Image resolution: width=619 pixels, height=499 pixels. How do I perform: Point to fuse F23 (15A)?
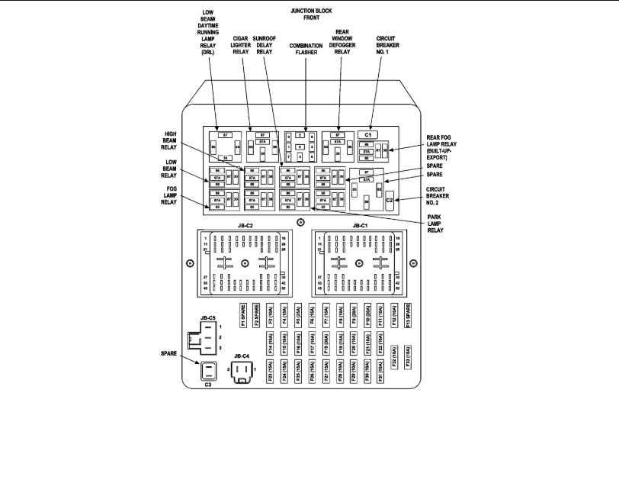point(271,372)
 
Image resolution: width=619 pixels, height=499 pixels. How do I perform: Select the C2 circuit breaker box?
point(390,200)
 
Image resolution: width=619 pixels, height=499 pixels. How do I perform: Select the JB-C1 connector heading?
point(360,226)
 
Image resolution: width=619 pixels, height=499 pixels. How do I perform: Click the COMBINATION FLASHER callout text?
point(306,49)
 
